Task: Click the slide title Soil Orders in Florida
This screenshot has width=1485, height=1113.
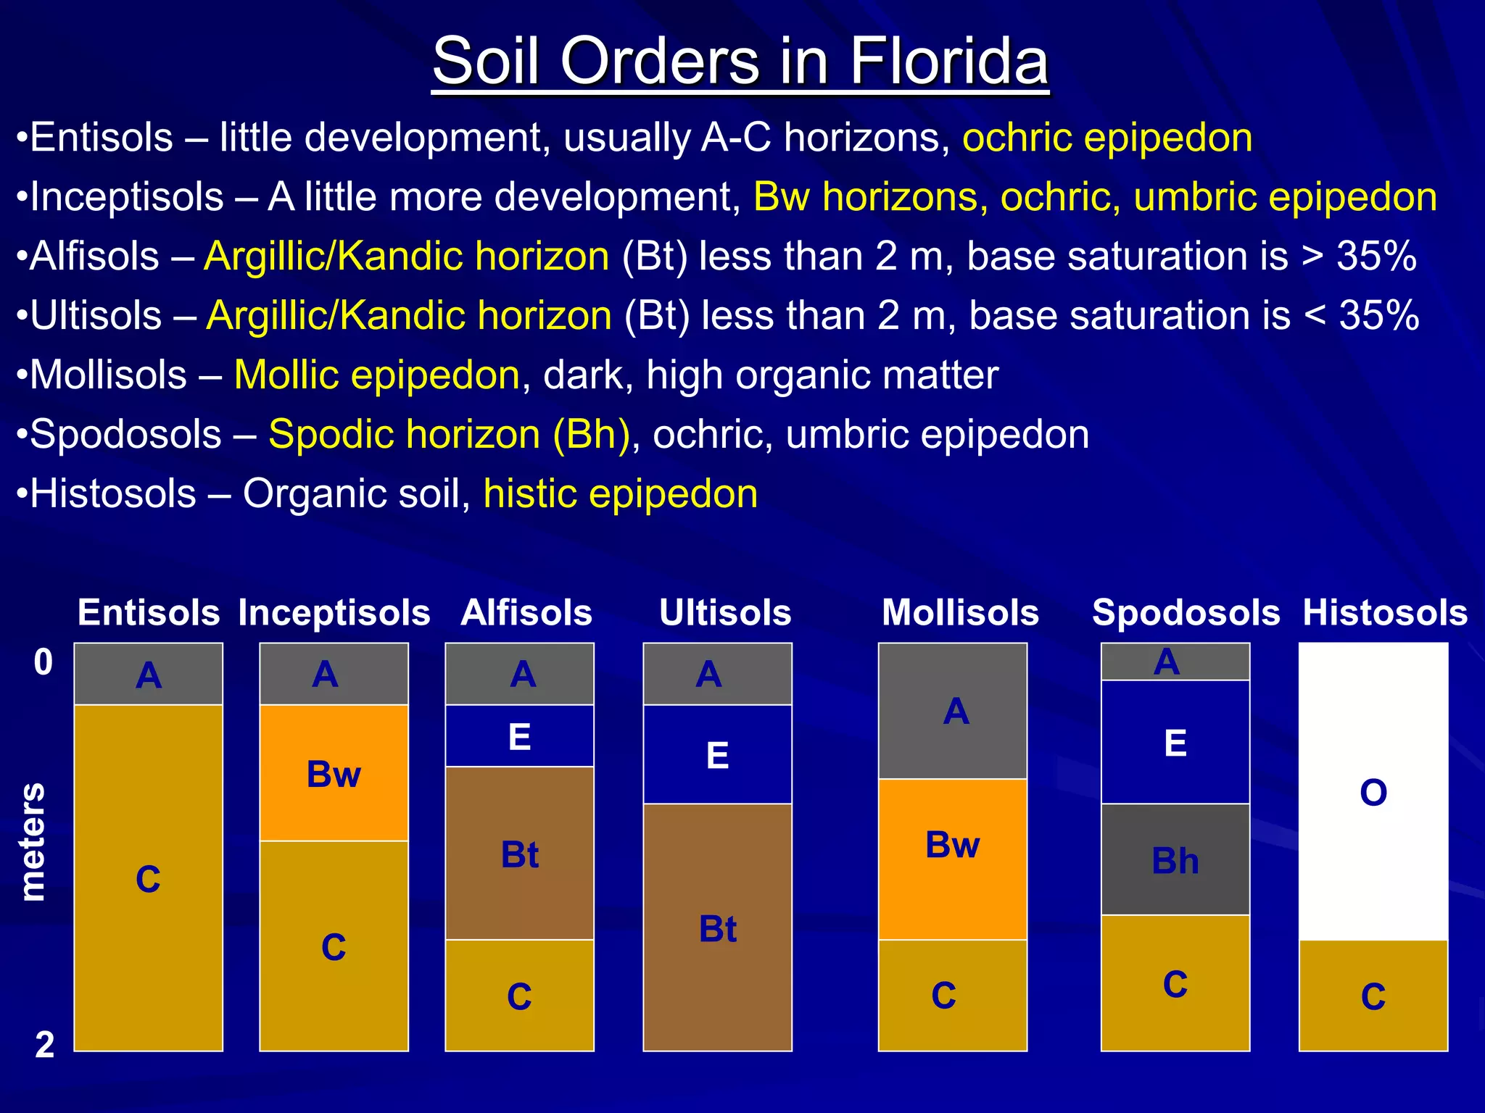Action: pyautogui.click(x=740, y=61)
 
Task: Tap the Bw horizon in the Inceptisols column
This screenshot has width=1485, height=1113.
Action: pyautogui.click(x=334, y=772)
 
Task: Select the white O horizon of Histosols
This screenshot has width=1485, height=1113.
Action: pyautogui.click(x=1373, y=791)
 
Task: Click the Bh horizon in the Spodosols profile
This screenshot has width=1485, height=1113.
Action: pyautogui.click(x=1175, y=859)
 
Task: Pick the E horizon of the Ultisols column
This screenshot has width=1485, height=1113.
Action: pyautogui.click(x=717, y=754)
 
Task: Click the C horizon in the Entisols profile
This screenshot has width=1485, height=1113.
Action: pyautogui.click(x=148, y=878)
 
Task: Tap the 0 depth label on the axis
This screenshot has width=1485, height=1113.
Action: pyautogui.click(x=44, y=662)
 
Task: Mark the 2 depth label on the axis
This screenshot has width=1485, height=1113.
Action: pyautogui.click(x=44, y=1044)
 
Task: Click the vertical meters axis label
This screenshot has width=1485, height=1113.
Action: pyautogui.click(x=32, y=841)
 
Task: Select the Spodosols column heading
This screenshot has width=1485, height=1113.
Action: pyautogui.click(x=1186, y=612)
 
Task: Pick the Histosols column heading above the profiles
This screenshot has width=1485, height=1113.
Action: pyautogui.click(x=1385, y=612)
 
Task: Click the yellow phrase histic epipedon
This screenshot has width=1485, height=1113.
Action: pyautogui.click(x=620, y=493)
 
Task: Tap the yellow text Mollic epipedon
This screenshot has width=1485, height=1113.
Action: pyautogui.click(x=376, y=375)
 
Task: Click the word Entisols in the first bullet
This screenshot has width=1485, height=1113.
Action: pyautogui.click(x=102, y=138)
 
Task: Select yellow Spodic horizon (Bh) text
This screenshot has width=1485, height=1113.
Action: pyautogui.click(x=449, y=434)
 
